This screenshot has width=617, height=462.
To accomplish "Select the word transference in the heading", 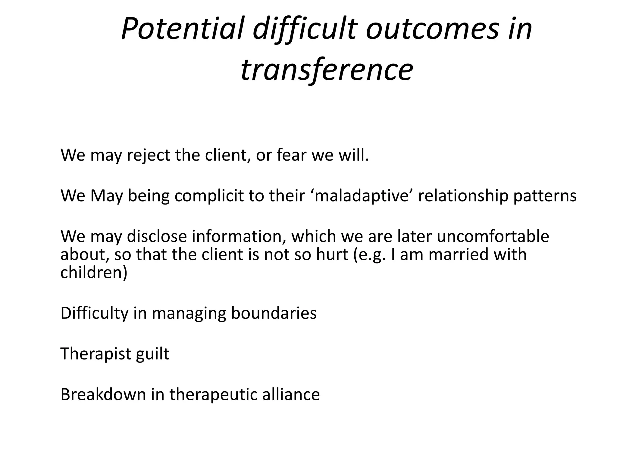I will point(327,70).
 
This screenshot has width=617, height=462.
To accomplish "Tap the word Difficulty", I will point(94,313).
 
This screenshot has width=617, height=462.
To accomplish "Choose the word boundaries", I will point(274,313).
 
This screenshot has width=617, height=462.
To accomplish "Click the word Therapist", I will point(96,354).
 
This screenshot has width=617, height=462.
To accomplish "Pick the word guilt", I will point(152,354).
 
